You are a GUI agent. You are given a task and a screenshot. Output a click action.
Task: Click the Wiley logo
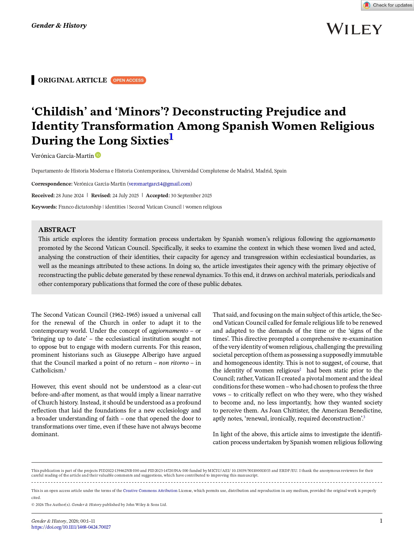tap(354, 29)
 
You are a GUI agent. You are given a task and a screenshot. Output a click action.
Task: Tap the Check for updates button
tap(388, 5)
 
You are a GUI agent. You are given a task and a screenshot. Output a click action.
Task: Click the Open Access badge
tap(128, 80)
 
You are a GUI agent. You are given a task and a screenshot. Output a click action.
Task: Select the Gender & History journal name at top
tap(59, 26)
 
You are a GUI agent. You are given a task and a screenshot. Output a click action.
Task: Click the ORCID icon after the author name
tap(98, 155)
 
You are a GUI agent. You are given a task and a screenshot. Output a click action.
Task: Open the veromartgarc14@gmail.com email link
tap(159, 184)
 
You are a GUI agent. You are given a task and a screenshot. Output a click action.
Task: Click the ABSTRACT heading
tap(57, 230)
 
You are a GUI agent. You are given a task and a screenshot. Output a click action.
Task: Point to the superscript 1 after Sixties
tap(171, 137)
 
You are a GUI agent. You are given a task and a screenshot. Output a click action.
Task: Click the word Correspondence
tap(52, 184)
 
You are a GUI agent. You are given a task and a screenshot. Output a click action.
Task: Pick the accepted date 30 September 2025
tap(191, 196)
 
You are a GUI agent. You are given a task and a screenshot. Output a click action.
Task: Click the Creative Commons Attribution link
tap(150, 491)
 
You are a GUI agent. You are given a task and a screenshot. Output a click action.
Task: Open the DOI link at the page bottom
tap(71, 527)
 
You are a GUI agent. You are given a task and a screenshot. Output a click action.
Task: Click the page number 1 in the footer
tap(381, 521)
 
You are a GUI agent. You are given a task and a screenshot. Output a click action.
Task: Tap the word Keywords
tap(44, 207)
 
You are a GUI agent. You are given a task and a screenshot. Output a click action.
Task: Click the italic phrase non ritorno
tap(174, 363)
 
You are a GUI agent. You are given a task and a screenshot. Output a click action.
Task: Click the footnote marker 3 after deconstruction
tap(364, 417)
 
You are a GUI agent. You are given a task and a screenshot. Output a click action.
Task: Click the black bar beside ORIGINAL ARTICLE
tap(33, 80)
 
